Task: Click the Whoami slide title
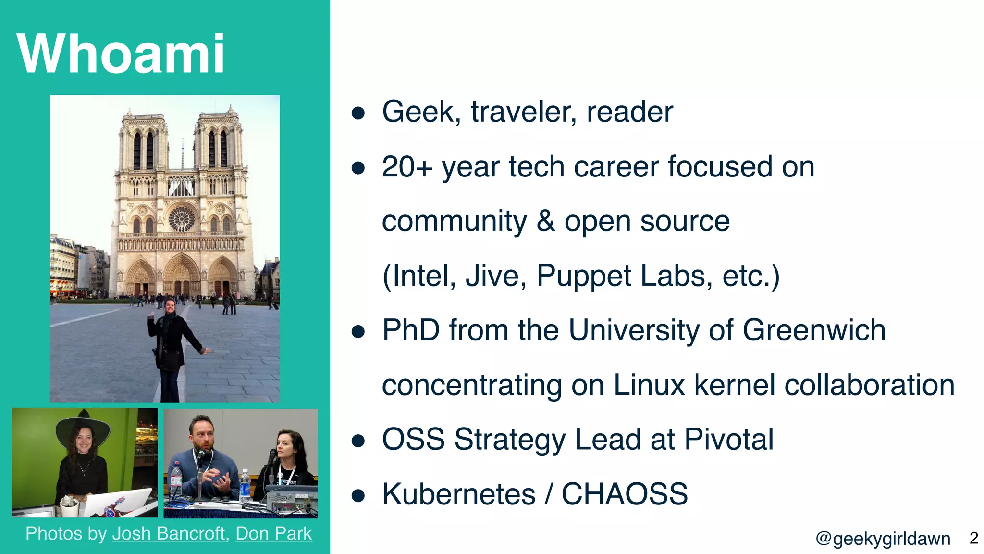120,53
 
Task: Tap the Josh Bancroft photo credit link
168,534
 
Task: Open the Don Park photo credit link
273,534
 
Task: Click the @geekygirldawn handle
883,539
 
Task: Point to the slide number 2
973,538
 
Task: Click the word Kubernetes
458,494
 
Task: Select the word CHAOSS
624,494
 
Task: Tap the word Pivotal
728,439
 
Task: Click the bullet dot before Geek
358,113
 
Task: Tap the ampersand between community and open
545,221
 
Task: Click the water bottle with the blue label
245,486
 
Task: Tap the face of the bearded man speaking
201,431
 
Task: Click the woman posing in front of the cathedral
171,346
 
